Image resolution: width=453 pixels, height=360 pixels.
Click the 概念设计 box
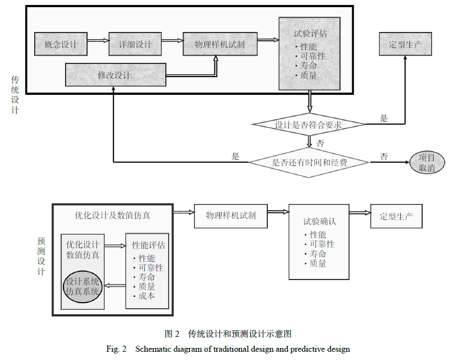[61, 44]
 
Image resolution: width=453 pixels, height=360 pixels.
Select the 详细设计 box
[135, 44]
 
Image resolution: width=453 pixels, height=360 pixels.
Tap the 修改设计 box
[115, 75]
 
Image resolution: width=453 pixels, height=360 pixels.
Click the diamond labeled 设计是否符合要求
[308, 125]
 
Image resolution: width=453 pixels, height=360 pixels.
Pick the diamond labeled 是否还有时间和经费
[309, 162]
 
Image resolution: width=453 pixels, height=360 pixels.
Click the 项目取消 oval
[427, 163]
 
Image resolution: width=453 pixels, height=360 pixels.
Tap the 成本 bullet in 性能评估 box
[146, 296]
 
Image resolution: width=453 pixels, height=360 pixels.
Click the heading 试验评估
[310, 33]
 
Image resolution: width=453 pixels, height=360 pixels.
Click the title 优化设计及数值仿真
[112, 214]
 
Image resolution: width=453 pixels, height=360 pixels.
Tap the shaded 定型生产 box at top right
[405, 44]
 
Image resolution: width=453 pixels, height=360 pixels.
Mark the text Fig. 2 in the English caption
[116, 349]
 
